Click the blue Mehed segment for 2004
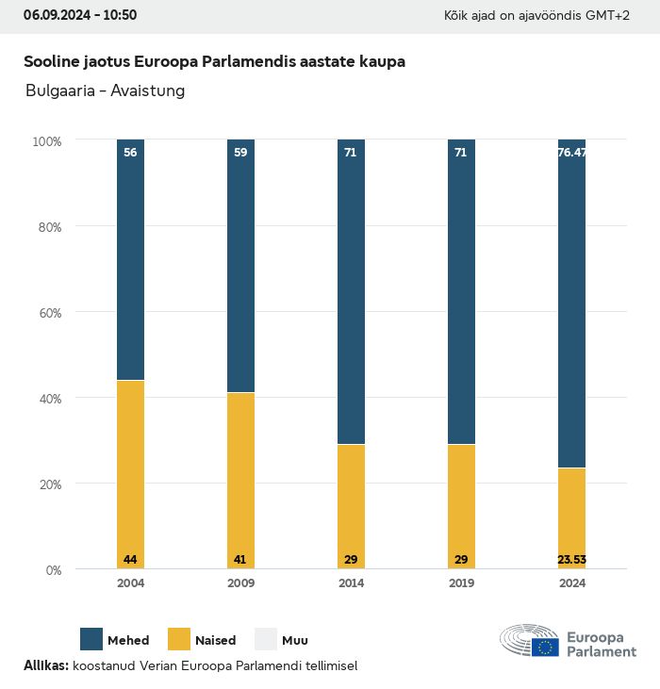(130, 260)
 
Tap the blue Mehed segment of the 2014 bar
(351, 292)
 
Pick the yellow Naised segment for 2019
(461, 506)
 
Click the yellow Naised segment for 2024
(571, 517)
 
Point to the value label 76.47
(571, 152)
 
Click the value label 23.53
(571, 560)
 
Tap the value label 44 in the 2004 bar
(130, 560)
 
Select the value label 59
(240, 152)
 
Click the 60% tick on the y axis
(48, 313)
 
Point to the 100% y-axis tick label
(46, 141)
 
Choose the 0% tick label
(53, 570)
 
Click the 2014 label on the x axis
(351, 583)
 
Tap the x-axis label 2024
(571, 583)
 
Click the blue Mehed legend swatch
(91, 639)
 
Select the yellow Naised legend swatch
(179, 639)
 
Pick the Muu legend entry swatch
(266, 639)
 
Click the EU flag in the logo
(545, 648)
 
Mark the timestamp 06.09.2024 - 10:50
(80, 15)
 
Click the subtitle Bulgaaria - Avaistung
(105, 91)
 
